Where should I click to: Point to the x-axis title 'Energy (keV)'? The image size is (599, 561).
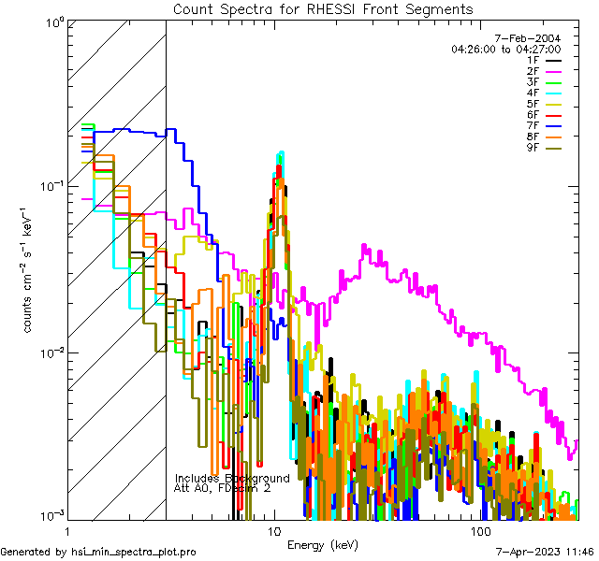[x=322, y=544]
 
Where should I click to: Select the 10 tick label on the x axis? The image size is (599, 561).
[x=274, y=531]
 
